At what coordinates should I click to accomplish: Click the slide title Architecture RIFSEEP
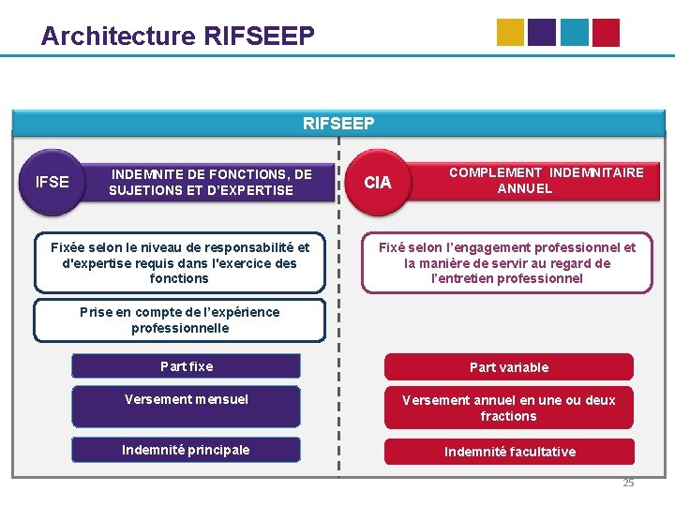pos(177,37)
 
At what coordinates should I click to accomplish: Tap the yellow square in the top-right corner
pos(511,33)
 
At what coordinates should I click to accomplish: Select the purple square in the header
pos(542,33)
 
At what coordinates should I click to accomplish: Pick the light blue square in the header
pos(574,33)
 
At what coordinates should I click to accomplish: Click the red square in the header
pos(605,33)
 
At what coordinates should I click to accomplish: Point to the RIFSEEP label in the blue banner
pos(338,123)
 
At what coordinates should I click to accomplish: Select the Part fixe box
pos(187,366)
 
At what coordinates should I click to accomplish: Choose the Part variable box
pos(509,367)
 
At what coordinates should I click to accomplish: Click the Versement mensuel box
pos(187,400)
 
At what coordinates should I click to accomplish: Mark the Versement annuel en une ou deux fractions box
pos(509,408)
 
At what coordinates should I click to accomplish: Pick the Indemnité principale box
pos(186,450)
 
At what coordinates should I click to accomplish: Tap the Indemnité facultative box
pos(510,452)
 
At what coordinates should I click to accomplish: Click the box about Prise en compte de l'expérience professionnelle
pos(179,320)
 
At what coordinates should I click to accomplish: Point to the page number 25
pos(628,483)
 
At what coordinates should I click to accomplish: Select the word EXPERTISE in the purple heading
pos(257,190)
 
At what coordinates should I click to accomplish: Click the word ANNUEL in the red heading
pos(525,188)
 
